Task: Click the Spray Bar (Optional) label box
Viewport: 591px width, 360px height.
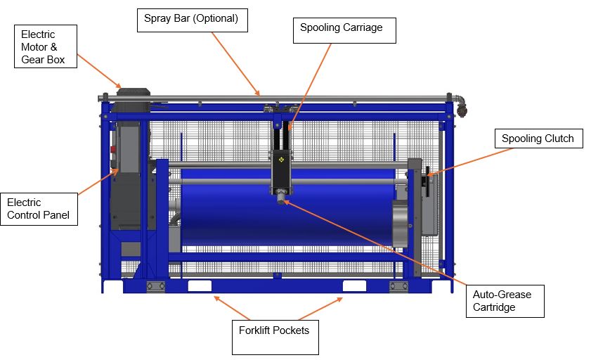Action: point(193,20)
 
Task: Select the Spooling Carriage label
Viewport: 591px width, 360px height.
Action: point(344,30)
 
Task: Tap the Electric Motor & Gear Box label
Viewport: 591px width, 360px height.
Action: point(46,46)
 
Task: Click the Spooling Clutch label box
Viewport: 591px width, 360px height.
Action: point(538,139)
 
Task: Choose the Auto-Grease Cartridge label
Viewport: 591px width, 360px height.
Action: point(505,301)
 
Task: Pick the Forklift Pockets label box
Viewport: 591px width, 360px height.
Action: point(275,337)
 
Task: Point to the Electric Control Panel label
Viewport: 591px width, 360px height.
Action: point(39,210)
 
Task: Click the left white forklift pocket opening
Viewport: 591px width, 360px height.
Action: point(200,286)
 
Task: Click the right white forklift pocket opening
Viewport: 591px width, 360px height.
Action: point(354,286)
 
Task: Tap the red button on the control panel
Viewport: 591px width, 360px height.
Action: point(113,150)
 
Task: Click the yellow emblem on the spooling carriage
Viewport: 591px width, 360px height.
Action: point(281,160)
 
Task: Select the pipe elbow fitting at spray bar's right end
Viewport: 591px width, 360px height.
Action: point(460,104)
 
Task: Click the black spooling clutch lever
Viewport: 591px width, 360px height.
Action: point(427,181)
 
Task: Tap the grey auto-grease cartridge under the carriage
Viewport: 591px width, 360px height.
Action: point(281,197)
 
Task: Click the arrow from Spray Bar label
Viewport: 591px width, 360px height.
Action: point(235,64)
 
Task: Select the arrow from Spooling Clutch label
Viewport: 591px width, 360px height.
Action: point(470,162)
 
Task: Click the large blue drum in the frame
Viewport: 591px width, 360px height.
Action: point(287,207)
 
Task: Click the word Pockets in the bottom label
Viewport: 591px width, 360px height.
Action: point(292,330)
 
